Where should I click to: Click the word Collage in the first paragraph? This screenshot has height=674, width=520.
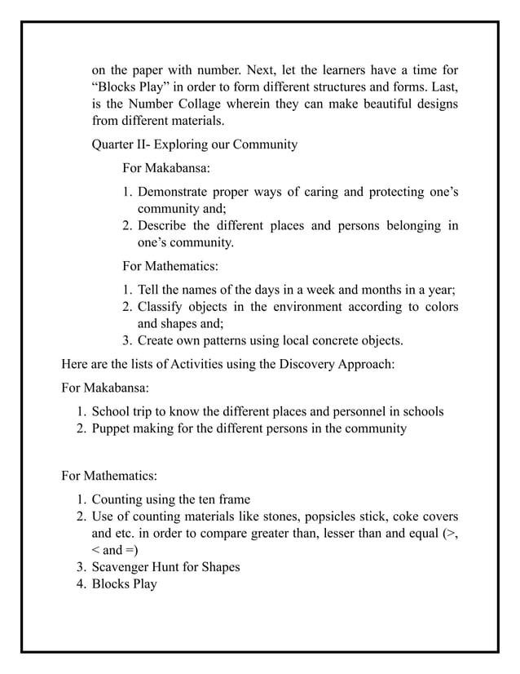(223, 104)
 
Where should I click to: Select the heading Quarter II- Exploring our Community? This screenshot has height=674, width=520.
(195, 145)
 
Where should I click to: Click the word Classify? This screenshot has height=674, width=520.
(161, 307)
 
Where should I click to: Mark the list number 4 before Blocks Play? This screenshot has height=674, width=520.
(82, 583)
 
